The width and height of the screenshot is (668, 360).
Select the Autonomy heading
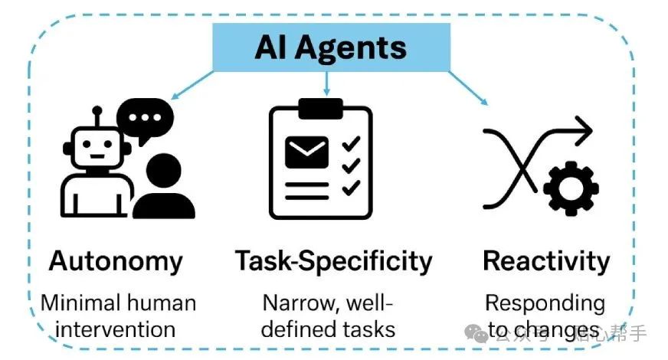click(x=116, y=261)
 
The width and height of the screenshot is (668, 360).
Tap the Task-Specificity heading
click(x=333, y=261)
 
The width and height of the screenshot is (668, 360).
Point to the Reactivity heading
click(x=546, y=261)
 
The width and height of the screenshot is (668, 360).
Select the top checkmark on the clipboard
click(x=351, y=143)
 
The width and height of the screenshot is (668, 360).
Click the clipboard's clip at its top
click(x=320, y=108)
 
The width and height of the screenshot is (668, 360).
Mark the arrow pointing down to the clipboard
click(x=327, y=83)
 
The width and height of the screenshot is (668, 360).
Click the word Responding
click(x=545, y=303)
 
